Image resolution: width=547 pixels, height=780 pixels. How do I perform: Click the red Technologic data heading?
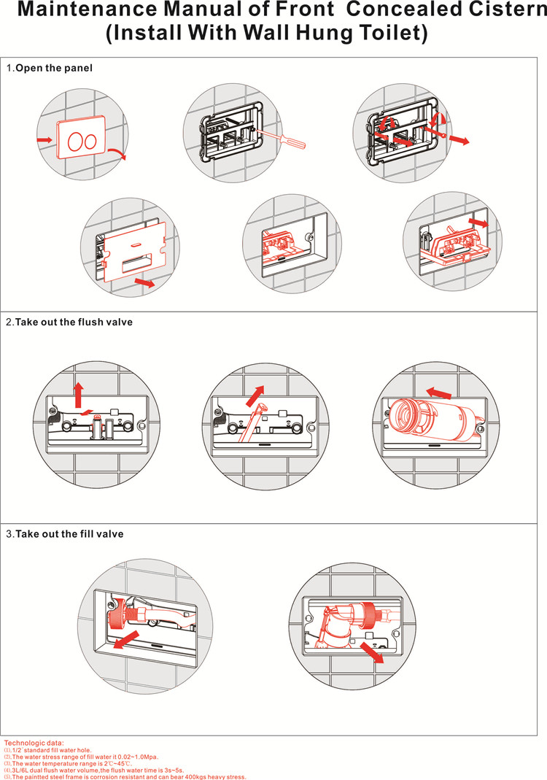pos(34,743)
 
